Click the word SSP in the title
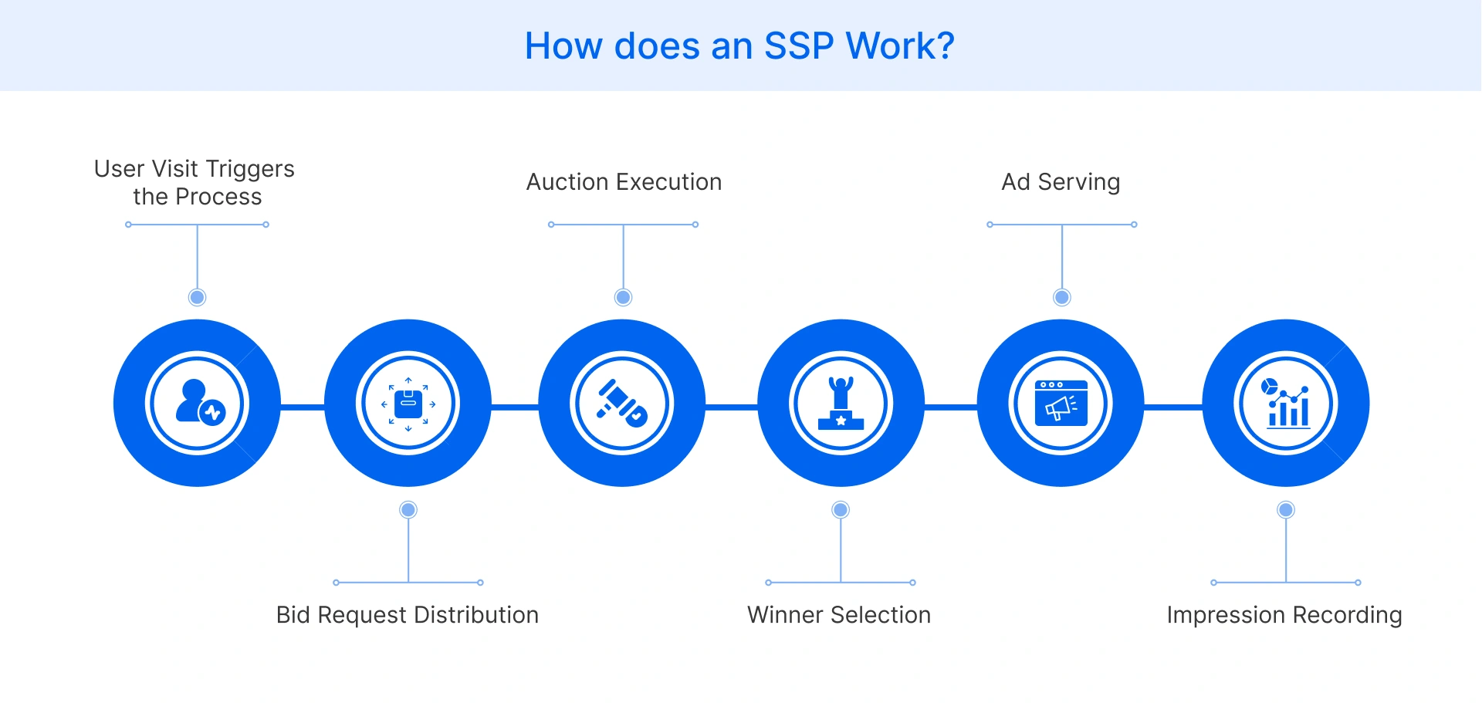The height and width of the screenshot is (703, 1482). [798, 46]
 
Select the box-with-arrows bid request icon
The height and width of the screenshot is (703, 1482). [408, 403]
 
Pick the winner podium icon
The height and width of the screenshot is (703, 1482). [841, 403]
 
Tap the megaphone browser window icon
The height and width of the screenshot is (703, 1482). [1061, 403]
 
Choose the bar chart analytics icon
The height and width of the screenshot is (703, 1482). [1286, 403]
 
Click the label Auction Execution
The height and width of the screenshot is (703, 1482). [624, 182]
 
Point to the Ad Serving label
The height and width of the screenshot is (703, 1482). [1061, 182]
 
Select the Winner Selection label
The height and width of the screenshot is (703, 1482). [839, 615]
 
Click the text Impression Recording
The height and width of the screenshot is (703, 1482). [1284, 615]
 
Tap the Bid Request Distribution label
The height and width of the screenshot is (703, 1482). [408, 615]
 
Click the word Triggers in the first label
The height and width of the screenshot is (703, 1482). [250, 169]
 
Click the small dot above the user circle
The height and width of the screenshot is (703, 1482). [198, 297]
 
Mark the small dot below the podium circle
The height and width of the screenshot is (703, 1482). [841, 509]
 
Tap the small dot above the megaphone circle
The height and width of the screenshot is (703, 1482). [1062, 297]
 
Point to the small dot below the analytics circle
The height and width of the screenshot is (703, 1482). [1286, 509]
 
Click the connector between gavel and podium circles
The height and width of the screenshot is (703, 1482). [732, 407]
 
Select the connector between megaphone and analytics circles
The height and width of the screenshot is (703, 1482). [1173, 407]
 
